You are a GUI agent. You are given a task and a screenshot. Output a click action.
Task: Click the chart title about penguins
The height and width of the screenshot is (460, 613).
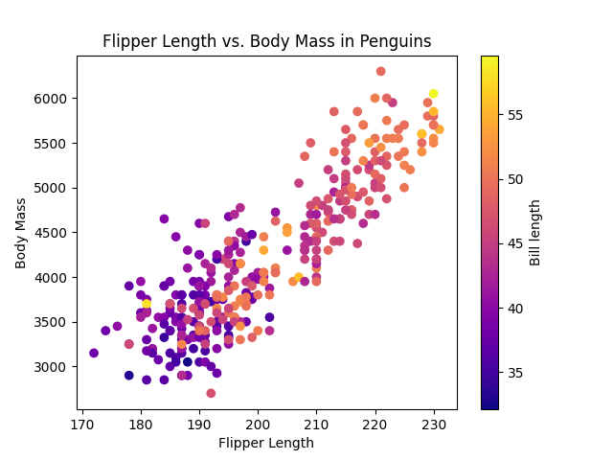pyautogui.click(x=266, y=42)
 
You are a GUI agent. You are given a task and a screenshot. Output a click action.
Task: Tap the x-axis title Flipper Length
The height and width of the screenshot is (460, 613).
pyautogui.click(x=266, y=443)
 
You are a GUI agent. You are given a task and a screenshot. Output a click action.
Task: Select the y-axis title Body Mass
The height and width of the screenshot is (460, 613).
pyautogui.click(x=21, y=233)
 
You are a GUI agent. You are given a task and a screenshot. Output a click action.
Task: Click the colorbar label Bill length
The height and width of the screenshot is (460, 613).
pyautogui.click(x=535, y=233)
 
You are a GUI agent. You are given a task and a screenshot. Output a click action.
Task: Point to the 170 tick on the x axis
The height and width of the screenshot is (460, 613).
pyautogui.click(x=82, y=423)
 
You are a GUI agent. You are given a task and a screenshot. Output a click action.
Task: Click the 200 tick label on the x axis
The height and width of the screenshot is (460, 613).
pyautogui.click(x=258, y=423)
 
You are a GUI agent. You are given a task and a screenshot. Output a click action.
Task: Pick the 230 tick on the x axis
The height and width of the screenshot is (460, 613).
pyautogui.click(x=434, y=423)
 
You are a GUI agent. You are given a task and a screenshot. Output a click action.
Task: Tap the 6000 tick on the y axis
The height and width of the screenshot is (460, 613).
pyautogui.click(x=47, y=99)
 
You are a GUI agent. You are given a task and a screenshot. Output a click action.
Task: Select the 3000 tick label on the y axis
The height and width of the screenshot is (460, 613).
pyautogui.click(x=47, y=367)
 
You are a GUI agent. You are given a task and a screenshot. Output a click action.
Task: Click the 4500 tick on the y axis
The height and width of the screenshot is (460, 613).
pyautogui.click(x=47, y=233)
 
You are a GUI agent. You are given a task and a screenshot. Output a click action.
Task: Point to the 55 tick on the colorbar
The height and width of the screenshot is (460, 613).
pyautogui.click(x=513, y=115)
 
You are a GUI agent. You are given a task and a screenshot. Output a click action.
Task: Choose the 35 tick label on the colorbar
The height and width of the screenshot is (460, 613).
pyautogui.click(x=513, y=373)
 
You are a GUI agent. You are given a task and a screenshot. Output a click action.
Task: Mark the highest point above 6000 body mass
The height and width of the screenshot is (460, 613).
pyautogui.click(x=380, y=72)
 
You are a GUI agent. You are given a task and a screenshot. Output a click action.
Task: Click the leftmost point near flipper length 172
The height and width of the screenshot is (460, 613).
pyautogui.click(x=94, y=353)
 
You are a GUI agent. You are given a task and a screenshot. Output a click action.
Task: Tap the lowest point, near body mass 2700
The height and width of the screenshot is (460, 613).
pyautogui.click(x=211, y=393)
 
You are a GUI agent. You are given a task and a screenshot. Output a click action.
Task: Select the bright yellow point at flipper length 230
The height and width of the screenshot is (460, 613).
pyautogui.click(x=434, y=94)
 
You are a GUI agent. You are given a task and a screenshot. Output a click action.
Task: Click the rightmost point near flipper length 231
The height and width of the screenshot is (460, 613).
pyautogui.click(x=440, y=129)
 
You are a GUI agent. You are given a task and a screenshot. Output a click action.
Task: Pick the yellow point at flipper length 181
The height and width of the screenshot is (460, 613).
pyautogui.click(x=147, y=304)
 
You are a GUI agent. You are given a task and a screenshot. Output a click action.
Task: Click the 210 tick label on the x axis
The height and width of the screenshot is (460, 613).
pyautogui.click(x=316, y=423)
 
